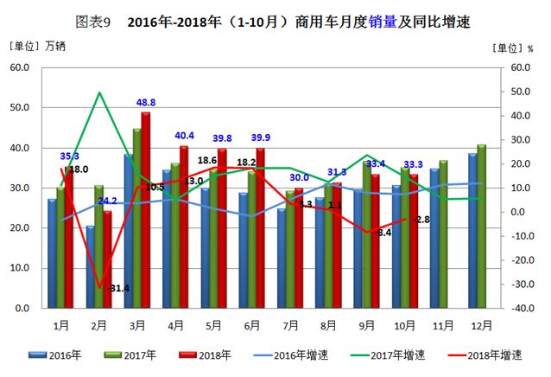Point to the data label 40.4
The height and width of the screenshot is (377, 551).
coord(184,136)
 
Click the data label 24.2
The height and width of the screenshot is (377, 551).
coord(108,201)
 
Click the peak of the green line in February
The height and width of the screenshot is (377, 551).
coord(100,93)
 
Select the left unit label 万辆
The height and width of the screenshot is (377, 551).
coord(54,46)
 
